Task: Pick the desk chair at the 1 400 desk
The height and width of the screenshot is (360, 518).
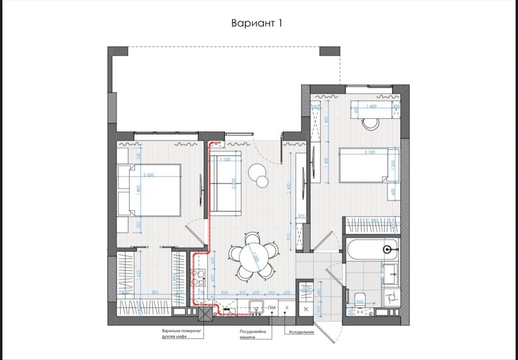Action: [370, 124]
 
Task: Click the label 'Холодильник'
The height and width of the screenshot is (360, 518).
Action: [300, 333]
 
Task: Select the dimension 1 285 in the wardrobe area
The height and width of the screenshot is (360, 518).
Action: [151, 292]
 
